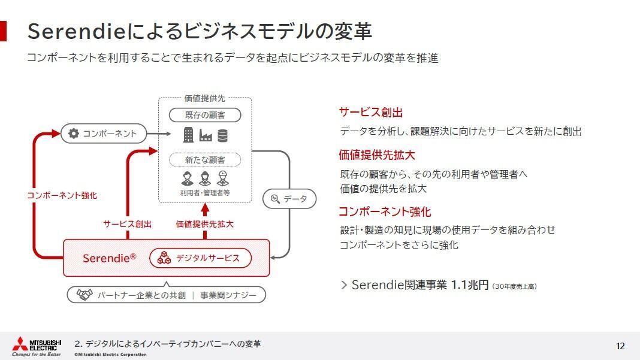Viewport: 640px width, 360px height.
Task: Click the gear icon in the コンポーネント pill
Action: [74, 134]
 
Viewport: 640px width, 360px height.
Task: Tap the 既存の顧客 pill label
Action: [205, 115]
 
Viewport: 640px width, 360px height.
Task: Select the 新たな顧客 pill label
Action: [205, 159]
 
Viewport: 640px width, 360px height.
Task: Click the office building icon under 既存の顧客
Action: [188, 135]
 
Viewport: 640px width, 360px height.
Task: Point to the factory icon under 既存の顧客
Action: [206, 135]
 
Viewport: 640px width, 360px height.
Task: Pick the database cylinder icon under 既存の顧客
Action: [222, 135]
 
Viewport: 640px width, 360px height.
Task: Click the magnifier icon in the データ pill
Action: [275, 199]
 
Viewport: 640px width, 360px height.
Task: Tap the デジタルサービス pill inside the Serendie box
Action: [200, 258]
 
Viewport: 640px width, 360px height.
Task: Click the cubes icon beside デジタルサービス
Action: [164, 258]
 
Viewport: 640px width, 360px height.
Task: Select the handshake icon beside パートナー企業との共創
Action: [84, 294]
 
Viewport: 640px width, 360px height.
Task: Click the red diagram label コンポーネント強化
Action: [62, 195]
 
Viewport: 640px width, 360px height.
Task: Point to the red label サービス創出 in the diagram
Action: [128, 224]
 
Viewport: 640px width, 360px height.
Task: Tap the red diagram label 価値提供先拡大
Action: [204, 224]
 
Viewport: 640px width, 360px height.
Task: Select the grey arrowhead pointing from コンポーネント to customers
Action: [168, 134]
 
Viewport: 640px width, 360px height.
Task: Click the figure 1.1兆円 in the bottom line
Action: [469, 285]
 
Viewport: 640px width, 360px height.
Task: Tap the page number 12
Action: [620, 346]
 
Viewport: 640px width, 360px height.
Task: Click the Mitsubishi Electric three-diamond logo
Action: [20, 344]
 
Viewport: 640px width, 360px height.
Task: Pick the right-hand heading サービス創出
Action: [370, 112]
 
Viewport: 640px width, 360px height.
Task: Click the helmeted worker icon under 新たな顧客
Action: [222, 179]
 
